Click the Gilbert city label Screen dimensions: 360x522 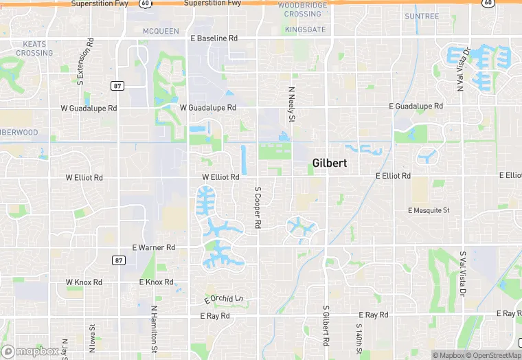coord(329,164)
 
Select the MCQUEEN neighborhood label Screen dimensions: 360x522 coord(161,31)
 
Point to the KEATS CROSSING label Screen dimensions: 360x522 coord(34,48)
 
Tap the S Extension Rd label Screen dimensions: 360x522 coord(80,63)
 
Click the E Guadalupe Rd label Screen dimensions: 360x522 coord(416,106)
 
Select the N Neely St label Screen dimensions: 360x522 coord(291,105)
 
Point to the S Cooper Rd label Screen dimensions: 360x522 coord(258,207)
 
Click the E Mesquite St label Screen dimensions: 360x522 coord(428,210)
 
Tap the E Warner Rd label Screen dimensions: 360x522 coord(154,247)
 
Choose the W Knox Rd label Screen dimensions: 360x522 coord(84,282)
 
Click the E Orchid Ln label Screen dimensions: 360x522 coord(224,300)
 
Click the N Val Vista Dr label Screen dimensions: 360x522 coord(462,69)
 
